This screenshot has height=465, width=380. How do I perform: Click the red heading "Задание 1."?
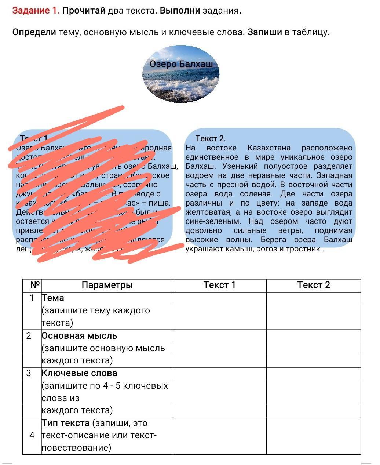click(x=36, y=11)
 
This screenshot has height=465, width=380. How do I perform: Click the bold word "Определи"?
click(x=34, y=32)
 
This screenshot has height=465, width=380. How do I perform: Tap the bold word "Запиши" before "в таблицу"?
click(x=264, y=32)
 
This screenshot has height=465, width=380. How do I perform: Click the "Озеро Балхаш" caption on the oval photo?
click(x=181, y=64)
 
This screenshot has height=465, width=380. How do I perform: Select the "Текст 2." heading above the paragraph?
click(x=210, y=138)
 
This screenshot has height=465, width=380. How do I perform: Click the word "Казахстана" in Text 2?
click(x=269, y=148)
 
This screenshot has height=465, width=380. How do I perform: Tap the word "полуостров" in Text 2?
click(x=287, y=166)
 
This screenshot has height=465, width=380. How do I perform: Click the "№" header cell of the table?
click(x=35, y=285)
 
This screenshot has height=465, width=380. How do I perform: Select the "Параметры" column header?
click(x=107, y=285)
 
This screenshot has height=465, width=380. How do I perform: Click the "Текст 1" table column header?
click(x=219, y=285)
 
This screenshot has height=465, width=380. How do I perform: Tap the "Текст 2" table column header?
click(x=314, y=285)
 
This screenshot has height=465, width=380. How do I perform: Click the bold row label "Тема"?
click(x=53, y=298)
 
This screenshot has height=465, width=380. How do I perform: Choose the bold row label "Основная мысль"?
click(x=79, y=335)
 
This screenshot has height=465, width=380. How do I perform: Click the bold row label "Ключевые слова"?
click(x=79, y=373)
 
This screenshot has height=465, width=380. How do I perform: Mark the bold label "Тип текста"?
click(x=66, y=423)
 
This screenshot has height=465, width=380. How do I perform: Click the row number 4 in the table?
click(x=32, y=435)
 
